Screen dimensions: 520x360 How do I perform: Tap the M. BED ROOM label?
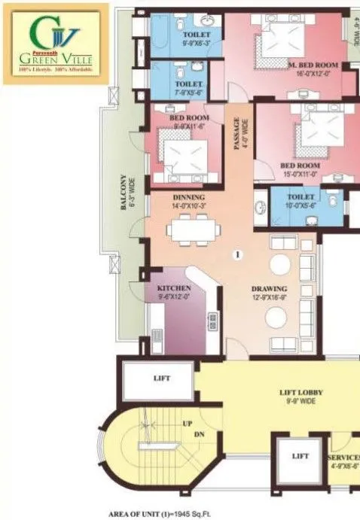click(x=312, y=66)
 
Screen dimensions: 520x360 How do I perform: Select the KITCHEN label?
click(x=173, y=288)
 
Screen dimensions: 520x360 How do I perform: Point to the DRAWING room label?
click(x=269, y=289)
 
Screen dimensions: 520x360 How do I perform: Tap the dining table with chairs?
click(x=189, y=228)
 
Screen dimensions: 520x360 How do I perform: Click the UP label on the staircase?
click(x=187, y=424)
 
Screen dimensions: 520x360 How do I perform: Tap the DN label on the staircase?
click(x=199, y=435)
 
